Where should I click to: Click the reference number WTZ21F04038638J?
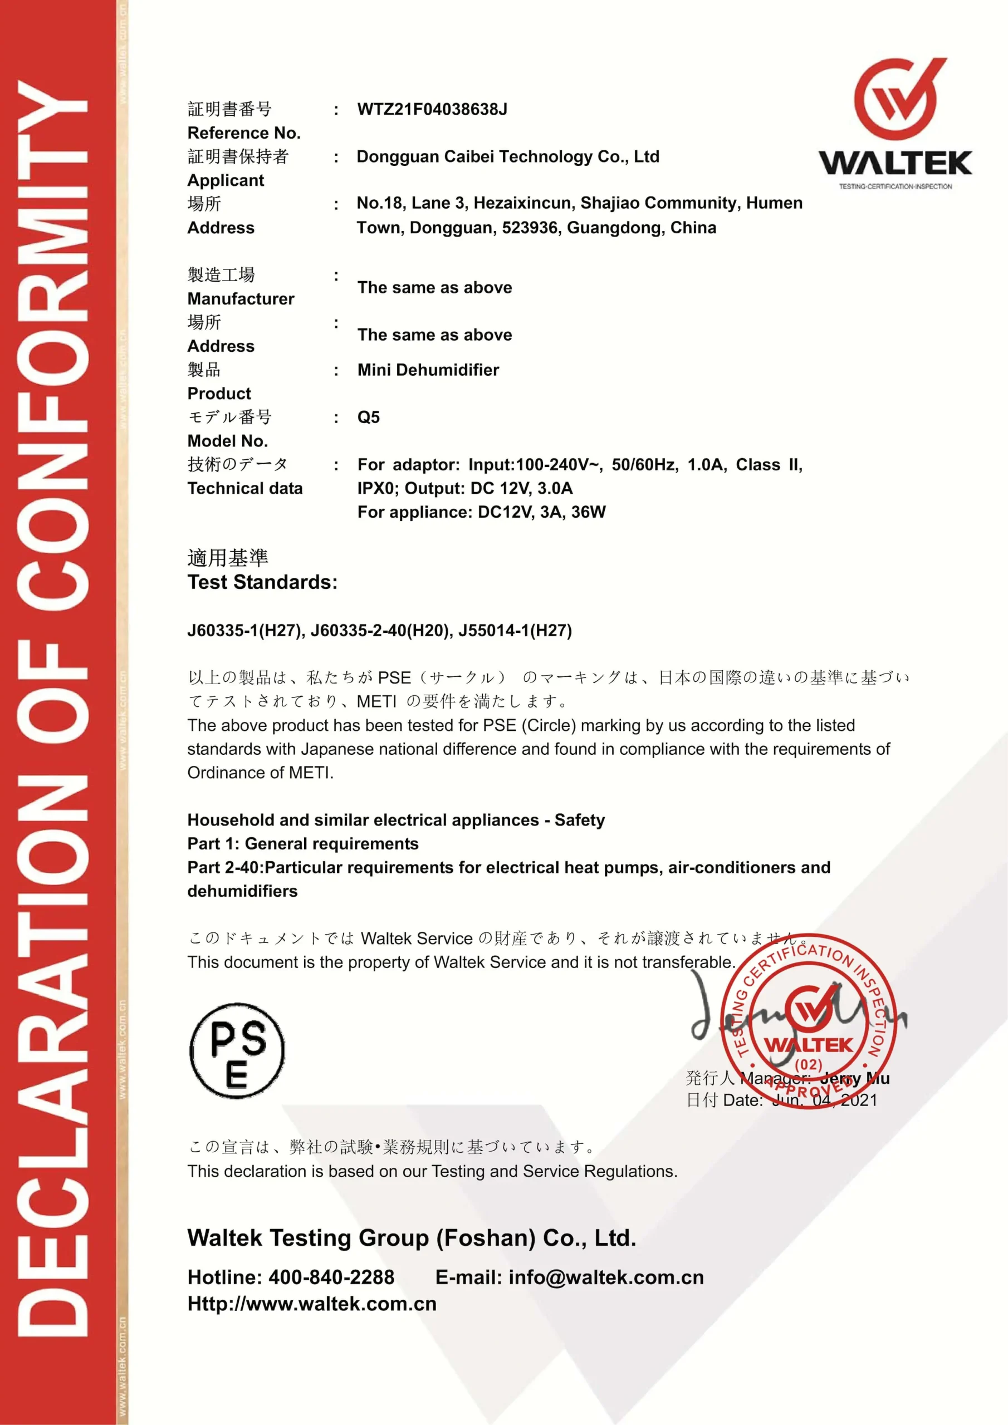pos(432,109)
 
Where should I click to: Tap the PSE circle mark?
pos(237,1050)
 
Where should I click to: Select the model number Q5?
pos(368,417)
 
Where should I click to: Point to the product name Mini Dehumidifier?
pos(428,370)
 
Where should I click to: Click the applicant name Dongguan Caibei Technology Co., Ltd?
pos(507,156)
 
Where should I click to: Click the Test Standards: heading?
pos(262,582)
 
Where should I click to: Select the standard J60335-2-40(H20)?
pos(379,631)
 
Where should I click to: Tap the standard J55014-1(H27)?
pos(515,631)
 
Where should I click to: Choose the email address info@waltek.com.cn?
pos(606,1277)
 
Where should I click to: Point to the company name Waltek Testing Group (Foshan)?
pos(361,1237)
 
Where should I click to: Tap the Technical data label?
pos(244,488)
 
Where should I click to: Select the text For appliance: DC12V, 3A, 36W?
pos(481,512)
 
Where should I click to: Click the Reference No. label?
pos(243,133)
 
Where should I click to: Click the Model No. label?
pos(227,441)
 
